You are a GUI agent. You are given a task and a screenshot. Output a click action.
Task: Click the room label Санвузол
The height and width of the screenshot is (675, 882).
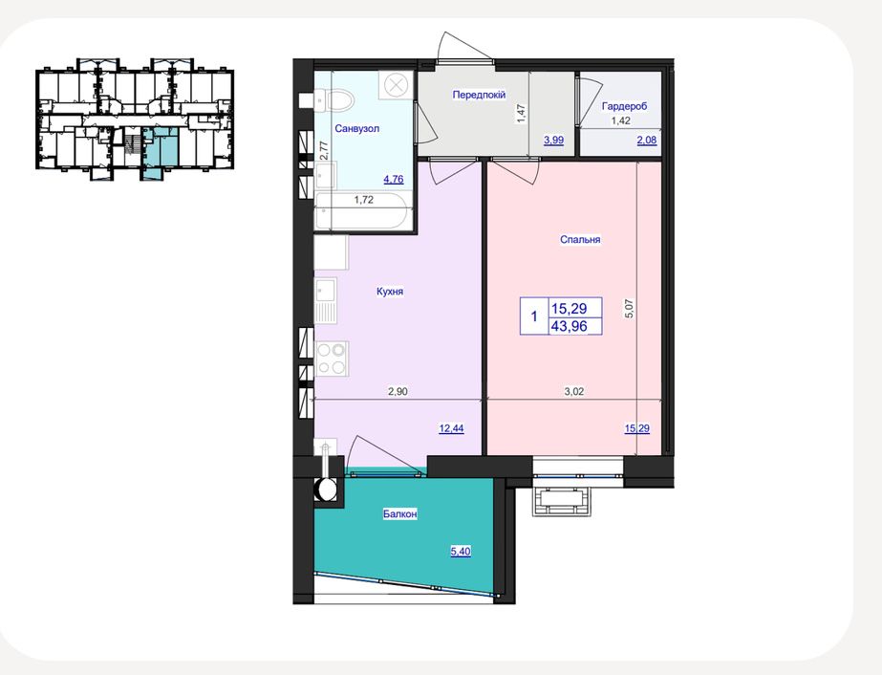tap(356, 128)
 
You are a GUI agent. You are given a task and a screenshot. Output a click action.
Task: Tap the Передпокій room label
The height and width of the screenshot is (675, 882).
tap(479, 95)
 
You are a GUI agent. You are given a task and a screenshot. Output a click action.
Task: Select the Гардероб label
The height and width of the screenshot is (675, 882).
tap(624, 106)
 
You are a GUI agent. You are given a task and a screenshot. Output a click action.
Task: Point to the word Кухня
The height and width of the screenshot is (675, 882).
tap(390, 292)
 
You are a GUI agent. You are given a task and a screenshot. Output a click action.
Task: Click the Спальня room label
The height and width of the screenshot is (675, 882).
tap(580, 239)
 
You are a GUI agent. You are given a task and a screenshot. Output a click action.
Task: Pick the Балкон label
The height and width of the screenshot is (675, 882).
tap(400, 514)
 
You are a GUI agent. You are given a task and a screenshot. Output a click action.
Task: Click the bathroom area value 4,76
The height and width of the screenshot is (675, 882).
tap(393, 180)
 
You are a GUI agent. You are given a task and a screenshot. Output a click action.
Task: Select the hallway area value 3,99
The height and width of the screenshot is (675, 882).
tap(553, 141)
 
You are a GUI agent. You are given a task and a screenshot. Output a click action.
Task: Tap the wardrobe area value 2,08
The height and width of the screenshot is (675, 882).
tap(646, 141)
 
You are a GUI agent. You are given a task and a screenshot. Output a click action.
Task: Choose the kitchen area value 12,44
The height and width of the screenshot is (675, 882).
tap(451, 428)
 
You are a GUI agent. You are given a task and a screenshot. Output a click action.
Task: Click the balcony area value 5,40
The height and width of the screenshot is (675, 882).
tap(461, 552)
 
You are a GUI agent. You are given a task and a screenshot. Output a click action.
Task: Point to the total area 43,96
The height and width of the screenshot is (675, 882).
tap(570, 325)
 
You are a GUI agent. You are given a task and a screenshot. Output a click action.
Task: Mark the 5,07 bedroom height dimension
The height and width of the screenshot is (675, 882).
tap(630, 309)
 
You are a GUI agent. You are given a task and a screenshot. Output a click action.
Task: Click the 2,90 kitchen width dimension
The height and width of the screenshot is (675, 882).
tap(398, 392)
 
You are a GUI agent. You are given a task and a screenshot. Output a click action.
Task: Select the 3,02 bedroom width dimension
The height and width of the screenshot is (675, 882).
tap(573, 392)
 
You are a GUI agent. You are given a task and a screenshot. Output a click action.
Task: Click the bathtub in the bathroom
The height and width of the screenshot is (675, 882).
tap(363, 211)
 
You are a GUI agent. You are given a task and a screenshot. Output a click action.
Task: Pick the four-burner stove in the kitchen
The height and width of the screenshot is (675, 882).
tap(332, 359)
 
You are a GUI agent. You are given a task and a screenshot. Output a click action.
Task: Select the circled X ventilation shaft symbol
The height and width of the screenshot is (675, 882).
tap(396, 86)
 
